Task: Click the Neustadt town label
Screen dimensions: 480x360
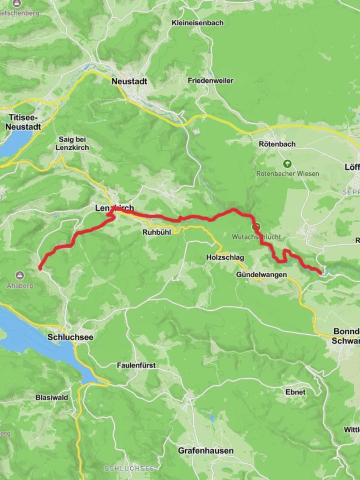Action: (129, 81)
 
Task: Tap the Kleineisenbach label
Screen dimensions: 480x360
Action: (198, 23)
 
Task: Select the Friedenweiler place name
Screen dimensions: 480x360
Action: (210, 80)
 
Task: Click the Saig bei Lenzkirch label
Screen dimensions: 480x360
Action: (74, 143)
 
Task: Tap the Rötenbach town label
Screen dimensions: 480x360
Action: (277, 144)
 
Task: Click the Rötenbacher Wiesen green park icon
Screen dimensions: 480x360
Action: (287, 164)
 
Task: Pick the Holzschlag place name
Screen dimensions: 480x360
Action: (225, 257)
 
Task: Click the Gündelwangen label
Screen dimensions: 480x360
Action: (261, 275)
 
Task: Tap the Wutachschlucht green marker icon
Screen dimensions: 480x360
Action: (256, 227)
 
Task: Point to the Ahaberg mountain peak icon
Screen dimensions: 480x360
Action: (20, 276)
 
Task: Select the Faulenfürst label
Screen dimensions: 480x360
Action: (136, 365)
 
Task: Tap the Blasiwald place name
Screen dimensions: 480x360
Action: (52, 397)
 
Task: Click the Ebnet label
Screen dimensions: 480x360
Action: (296, 392)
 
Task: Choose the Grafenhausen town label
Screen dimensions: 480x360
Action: (206, 451)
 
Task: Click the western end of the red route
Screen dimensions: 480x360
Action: (40, 268)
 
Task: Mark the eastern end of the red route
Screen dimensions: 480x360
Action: (320, 272)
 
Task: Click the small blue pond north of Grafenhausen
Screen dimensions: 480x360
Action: (212, 418)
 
